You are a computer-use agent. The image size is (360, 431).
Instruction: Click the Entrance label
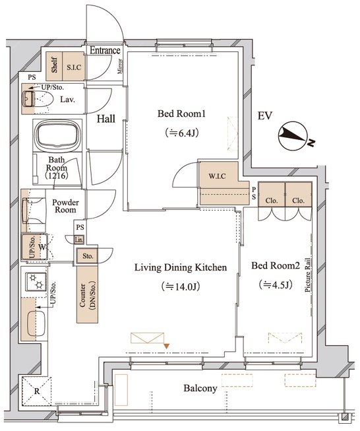pyautogui.click(x=105, y=51)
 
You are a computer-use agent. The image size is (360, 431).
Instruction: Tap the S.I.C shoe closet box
pyautogui.click(x=74, y=67)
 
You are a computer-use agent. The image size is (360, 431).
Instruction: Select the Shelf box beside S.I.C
pyautogui.click(x=54, y=67)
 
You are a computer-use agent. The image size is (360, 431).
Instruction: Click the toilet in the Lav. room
pyautogui.click(x=38, y=99)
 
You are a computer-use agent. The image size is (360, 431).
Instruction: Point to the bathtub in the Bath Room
pyautogui.click(x=57, y=135)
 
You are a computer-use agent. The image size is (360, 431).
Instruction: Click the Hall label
pyautogui.click(x=106, y=119)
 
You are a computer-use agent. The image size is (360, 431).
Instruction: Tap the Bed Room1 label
pyautogui.click(x=181, y=114)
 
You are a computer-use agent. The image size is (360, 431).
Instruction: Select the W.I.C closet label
pyautogui.click(x=217, y=176)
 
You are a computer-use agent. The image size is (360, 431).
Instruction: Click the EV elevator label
pyautogui.click(x=264, y=116)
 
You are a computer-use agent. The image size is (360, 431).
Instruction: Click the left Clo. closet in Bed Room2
pyautogui.click(x=272, y=194)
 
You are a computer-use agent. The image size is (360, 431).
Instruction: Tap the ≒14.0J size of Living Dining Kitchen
pyautogui.click(x=181, y=286)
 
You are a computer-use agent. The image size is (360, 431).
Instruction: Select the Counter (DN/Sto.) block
pyautogui.click(x=87, y=294)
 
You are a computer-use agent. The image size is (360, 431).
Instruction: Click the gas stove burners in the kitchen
pyautogui.click(x=36, y=281)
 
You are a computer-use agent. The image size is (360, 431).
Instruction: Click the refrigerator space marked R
pyautogui.click(x=37, y=391)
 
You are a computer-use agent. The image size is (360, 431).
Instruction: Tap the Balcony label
pyautogui.click(x=200, y=388)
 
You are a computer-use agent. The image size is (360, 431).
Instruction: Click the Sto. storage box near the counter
pyautogui.click(x=87, y=256)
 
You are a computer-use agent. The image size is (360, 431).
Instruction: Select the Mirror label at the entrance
pyautogui.click(x=120, y=66)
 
